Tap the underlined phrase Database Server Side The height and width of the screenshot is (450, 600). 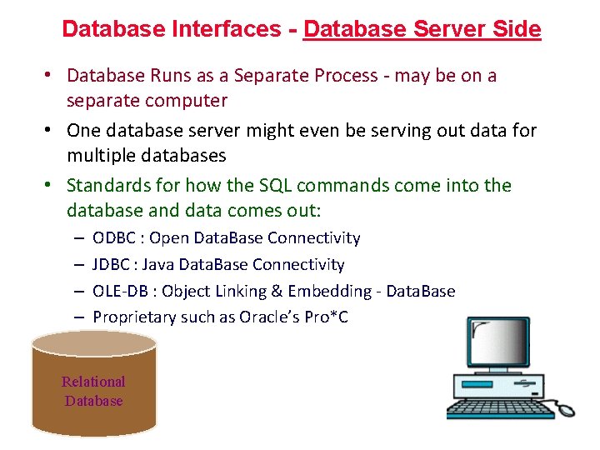422,29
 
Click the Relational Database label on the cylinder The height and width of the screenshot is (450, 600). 93,391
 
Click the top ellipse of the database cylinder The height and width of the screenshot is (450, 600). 93,342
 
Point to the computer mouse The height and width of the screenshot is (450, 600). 566,409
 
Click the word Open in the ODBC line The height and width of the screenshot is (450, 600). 168,238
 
